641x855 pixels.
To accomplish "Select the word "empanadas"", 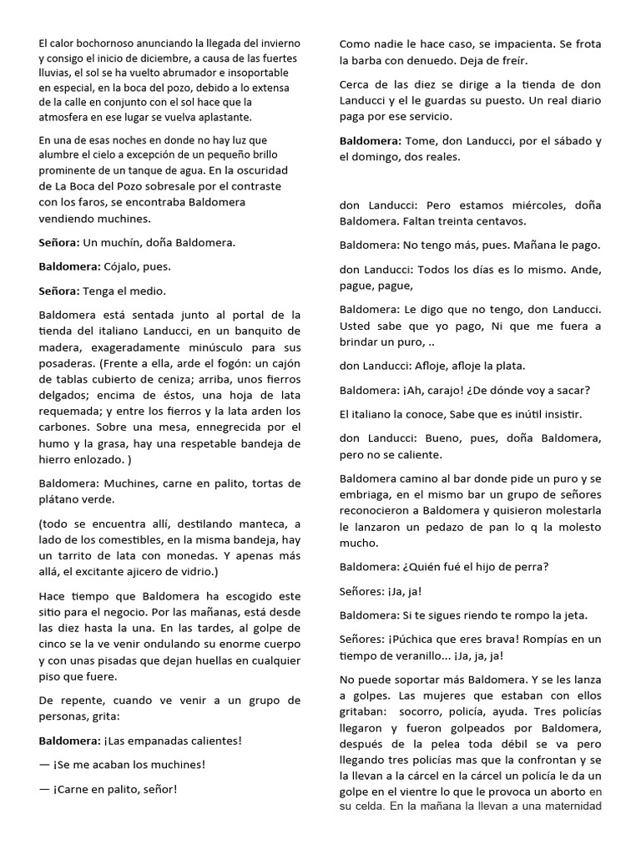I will [x=154, y=741].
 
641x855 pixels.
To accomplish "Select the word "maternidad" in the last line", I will [x=567, y=807].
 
